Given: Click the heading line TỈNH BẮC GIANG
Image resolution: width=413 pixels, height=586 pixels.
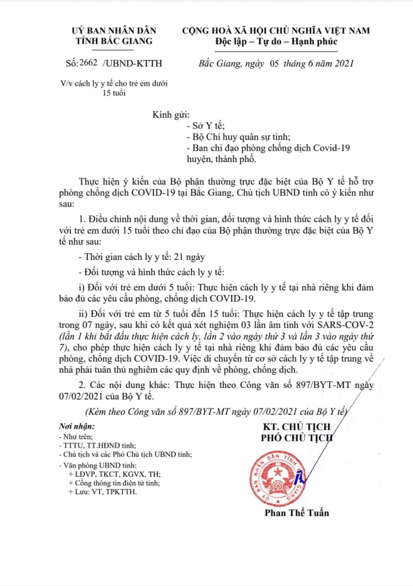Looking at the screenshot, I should (x=114, y=41).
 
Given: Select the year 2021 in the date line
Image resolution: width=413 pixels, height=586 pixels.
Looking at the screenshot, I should (x=341, y=63).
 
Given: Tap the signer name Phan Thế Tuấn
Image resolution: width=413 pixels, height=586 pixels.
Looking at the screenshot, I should (x=296, y=513).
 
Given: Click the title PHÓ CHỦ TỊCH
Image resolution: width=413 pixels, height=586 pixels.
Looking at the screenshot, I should (x=296, y=437).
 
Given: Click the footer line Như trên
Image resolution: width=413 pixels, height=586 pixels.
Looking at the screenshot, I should (x=77, y=436).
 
